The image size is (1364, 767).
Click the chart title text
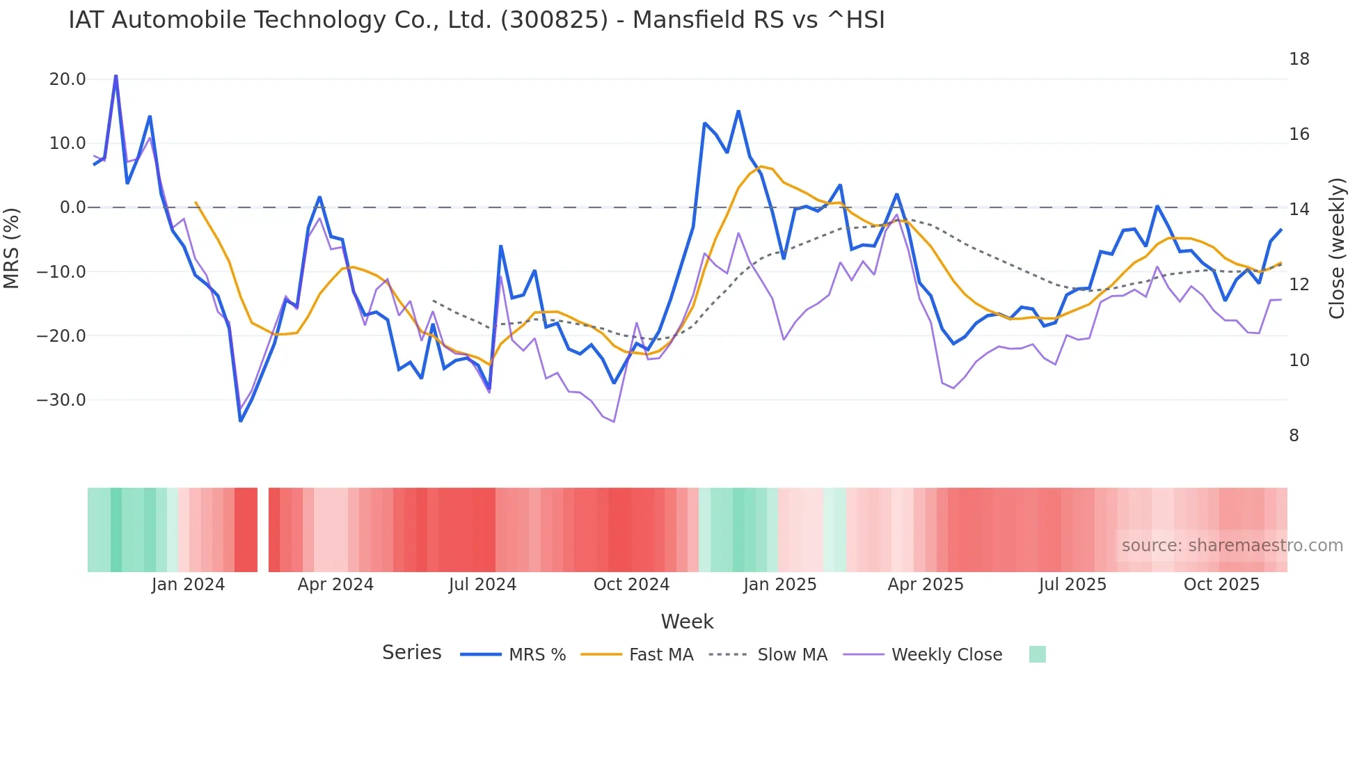point(476,20)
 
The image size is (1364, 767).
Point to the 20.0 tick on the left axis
point(68,79)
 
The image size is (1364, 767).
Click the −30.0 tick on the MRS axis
point(61,400)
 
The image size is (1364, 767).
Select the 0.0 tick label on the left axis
point(72,207)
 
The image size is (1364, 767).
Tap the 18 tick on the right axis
point(1299,59)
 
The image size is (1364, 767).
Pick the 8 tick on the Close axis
point(1294,436)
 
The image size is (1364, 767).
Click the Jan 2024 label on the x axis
point(188,585)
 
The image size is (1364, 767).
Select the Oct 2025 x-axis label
point(1221,585)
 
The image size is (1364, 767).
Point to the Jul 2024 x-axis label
point(482,585)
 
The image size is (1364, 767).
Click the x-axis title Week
point(687,622)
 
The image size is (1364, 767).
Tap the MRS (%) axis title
point(12,248)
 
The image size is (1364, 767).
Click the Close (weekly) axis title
point(1336,248)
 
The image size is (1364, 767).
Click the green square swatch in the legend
point(1037,654)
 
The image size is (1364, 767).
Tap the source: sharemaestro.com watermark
point(1232,546)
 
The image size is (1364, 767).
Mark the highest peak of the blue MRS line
point(116,75)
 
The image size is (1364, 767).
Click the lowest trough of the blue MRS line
point(241,420)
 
